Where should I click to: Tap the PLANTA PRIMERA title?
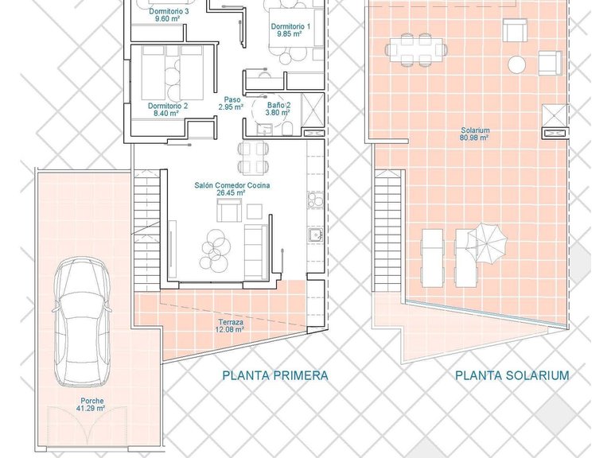pos(274,375)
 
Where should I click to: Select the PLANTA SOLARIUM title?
pos(512,375)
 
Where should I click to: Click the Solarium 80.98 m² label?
pos(474,134)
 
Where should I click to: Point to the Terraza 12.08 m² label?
pos(231,326)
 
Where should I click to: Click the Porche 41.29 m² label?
pos(91,404)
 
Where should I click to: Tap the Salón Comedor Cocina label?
pos(232,188)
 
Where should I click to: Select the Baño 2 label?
pos(278,108)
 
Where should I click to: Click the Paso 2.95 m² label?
pos(232,103)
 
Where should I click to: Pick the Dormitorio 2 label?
pos(168,109)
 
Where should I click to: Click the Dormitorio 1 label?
pos(290,30)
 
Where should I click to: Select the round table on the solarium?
pos(518,64)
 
